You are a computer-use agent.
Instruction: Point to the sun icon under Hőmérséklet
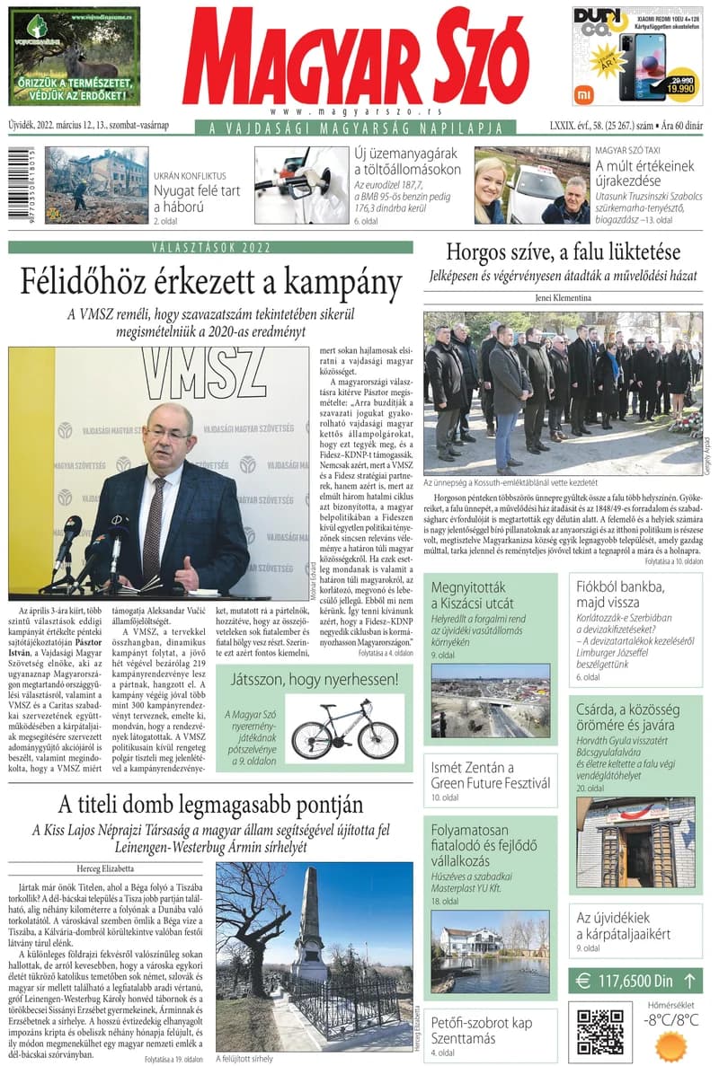(670, 1044)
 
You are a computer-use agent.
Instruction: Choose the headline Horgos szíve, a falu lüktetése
(564, 252)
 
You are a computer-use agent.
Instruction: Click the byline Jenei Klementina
(564, 297)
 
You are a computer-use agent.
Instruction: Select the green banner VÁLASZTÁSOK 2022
(211, 247)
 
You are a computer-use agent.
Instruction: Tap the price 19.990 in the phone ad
(680, 88)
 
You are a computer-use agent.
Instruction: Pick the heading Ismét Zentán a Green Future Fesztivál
(490, 775)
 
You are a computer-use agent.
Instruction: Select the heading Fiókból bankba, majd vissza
(621, 595)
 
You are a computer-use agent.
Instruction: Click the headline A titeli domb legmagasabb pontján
(211, 805)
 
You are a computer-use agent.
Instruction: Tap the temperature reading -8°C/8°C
(670, 1019)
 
